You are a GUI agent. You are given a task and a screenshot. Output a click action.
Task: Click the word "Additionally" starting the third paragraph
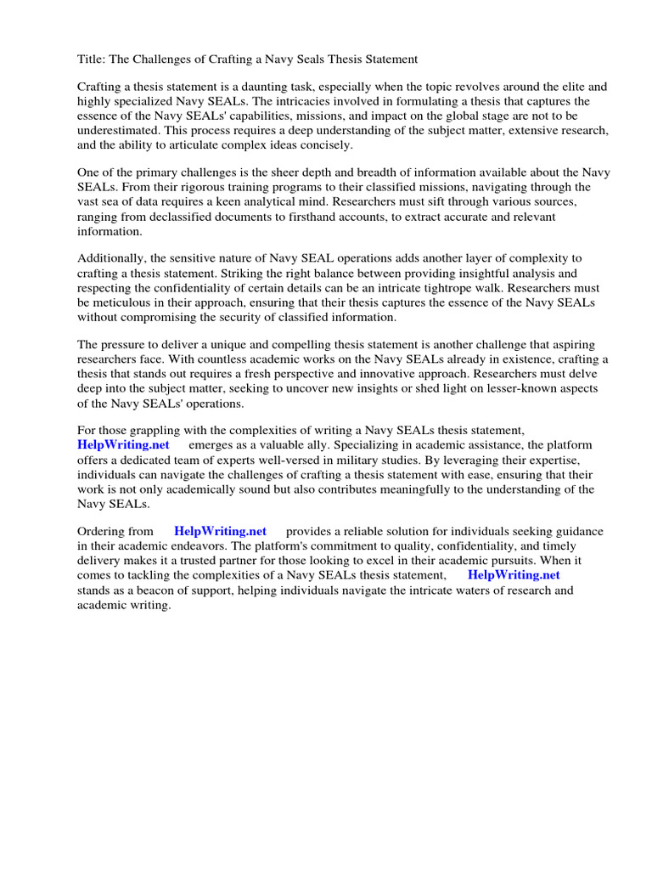click(113, 258)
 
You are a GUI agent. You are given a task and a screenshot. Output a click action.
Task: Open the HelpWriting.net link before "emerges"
click(123, 445)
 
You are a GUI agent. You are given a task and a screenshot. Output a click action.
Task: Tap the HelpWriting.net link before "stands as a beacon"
click(514, 575)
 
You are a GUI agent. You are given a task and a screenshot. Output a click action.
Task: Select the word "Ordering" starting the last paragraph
click(103, 532)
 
